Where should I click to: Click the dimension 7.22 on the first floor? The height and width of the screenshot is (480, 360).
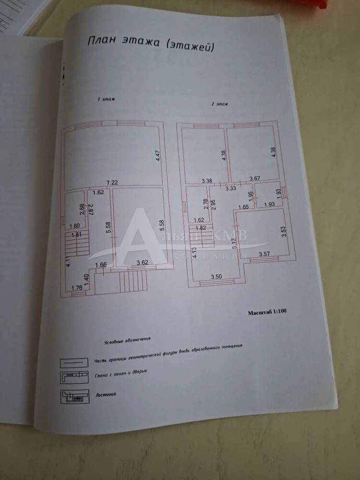pyautogui.click(x=112, y=183)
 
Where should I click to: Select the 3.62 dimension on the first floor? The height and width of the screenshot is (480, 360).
pyautogui.click(x=142, y=263)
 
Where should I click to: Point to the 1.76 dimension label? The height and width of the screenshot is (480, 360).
pyautogui.click(x=77, y=288)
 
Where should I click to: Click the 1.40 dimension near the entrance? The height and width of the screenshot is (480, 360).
pyautogui.click(x=86, y=278)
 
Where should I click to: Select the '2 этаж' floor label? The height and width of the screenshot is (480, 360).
pyautogui.click(x=219, y=104)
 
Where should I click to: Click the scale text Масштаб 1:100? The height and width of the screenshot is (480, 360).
pyautogui.click(x=268, y=312)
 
